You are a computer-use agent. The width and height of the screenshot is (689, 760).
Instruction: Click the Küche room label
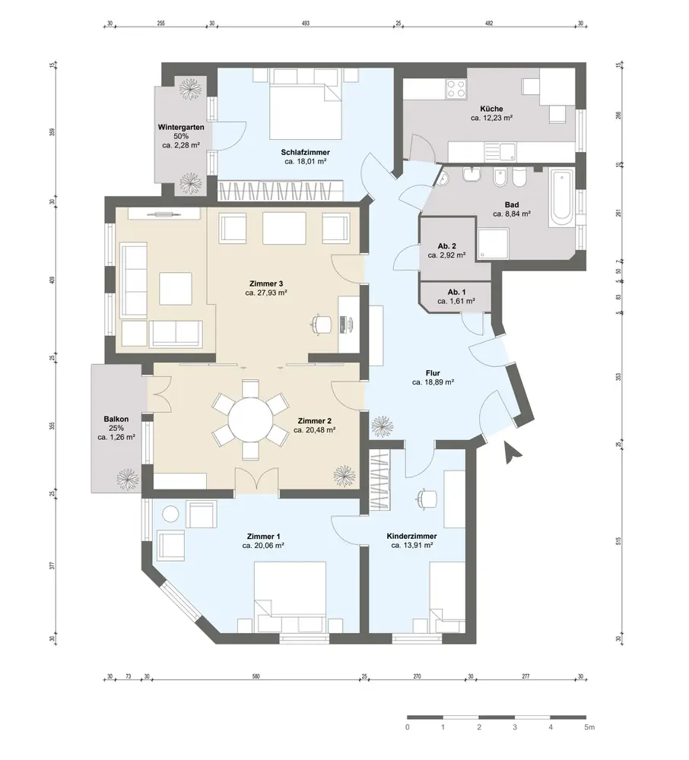click(x=491, y=109)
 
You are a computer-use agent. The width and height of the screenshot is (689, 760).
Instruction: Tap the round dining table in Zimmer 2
click(x=251, y=420)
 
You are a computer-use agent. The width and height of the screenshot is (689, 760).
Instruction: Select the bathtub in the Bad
click(x=561, y=198)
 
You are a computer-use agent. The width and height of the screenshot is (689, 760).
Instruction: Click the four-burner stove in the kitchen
click(x=456, y=89)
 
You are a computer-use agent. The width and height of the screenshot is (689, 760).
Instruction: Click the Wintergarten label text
click(x=181, y=128)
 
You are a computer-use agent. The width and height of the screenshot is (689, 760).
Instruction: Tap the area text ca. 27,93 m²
click(x=266, y=293)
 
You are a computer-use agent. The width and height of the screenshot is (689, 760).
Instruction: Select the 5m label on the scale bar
click(x=589, y=727)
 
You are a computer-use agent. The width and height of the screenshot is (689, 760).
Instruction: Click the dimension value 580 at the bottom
click(x=256, y=676)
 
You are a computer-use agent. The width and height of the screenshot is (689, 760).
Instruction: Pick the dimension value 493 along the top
click(x=306, y=24)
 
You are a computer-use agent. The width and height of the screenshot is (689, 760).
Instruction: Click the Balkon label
click(x=116, y=420)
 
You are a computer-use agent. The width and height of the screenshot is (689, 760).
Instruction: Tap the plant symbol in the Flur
click(x=382, y=426)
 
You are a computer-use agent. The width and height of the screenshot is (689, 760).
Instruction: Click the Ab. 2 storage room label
click(x=446, y=246)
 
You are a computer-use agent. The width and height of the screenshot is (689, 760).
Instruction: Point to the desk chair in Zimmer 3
click(x=320, y=325)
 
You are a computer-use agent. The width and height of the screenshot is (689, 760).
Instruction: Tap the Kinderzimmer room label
click(x=411, y=536)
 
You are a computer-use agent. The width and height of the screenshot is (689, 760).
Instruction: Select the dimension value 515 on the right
click(x=618, y=541)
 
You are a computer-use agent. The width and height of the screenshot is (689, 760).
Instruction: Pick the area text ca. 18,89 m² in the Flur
click(x=433, y=382)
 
